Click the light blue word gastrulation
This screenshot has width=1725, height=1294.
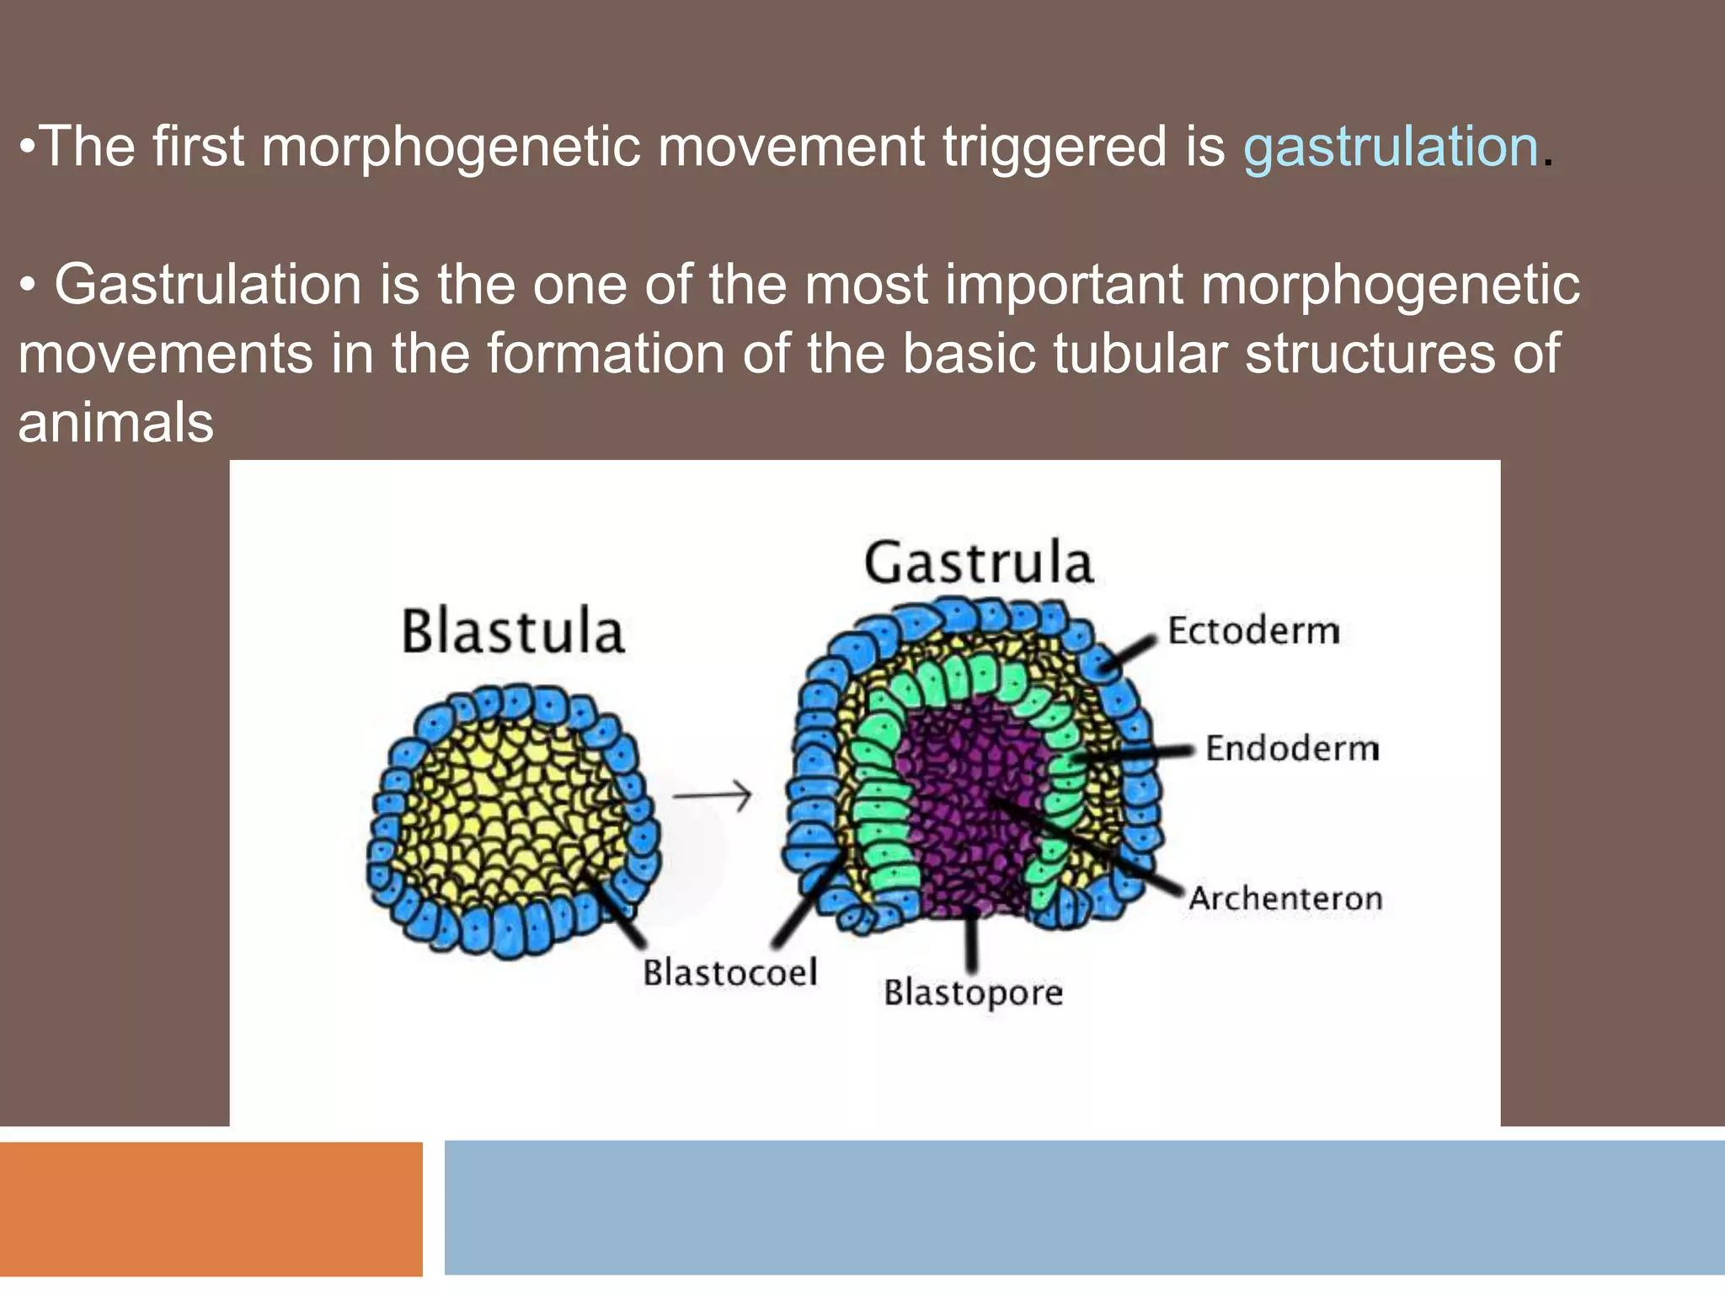[x=1391, y=147]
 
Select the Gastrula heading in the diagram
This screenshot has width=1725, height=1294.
[x=979, y=563]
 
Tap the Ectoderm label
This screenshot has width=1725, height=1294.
[x=1253, y=631]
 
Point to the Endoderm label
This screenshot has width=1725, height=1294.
[x=1292, y=748]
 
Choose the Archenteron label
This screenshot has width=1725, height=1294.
[x=1285, y=898]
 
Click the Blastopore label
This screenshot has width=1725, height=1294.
[x=973, y=992]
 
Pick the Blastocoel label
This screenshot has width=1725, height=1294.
[x=730, y=972]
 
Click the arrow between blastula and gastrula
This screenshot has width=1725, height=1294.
[x=712, y=794]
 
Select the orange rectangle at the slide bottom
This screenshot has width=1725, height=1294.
[x=211, y=1208]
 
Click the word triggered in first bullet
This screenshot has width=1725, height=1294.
[x=1055, y=147]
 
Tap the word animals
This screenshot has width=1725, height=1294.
[x=116, y=422]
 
